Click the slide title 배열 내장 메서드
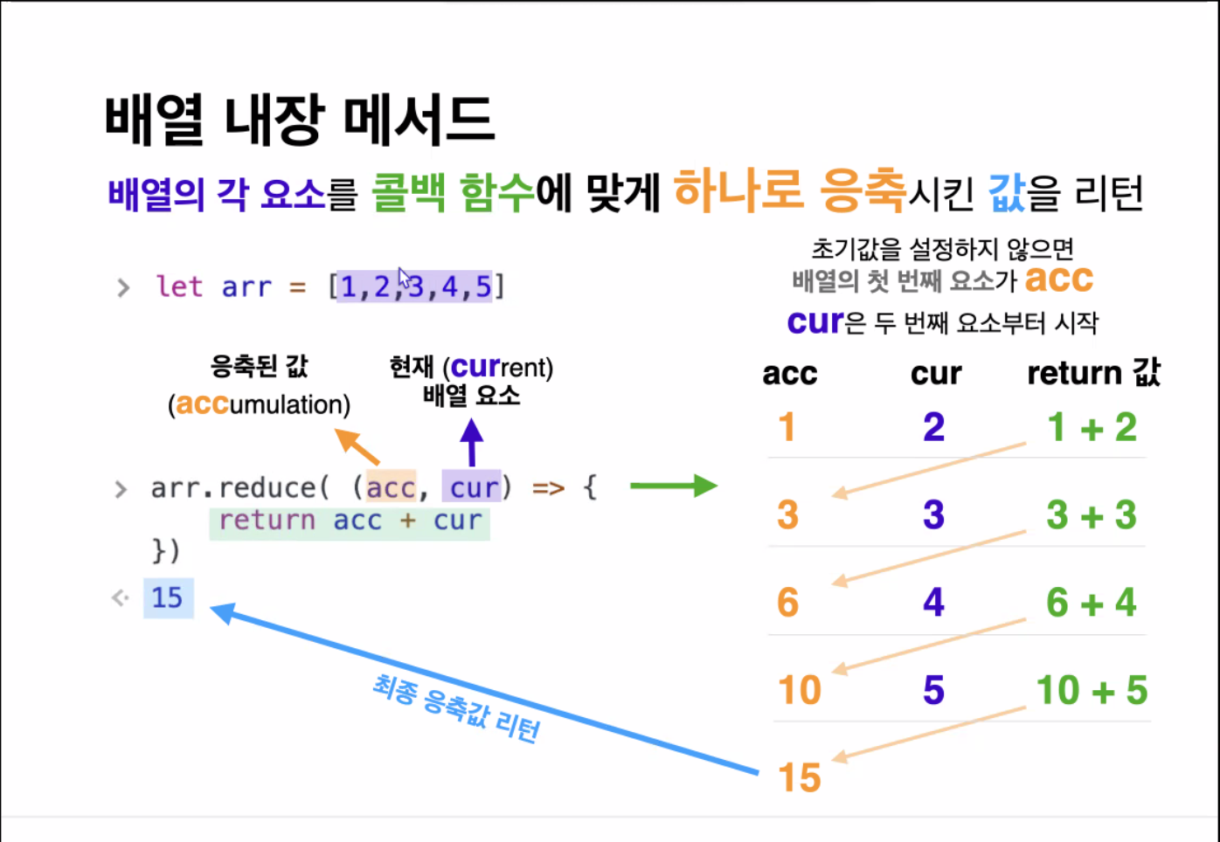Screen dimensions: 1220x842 point(300,120)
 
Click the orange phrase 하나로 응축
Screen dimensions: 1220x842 point(789,190)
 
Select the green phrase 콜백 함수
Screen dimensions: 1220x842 point(453,192)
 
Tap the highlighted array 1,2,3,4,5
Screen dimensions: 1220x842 point(416,286)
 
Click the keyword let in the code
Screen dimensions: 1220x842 point(179,286)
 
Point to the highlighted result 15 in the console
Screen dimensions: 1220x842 point(168,597)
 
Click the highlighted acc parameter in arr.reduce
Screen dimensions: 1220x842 point(391,487)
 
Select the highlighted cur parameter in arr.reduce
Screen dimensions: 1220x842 point(473,487)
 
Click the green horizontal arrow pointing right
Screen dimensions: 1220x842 point(673,486)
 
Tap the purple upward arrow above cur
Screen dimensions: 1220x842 point(472,442)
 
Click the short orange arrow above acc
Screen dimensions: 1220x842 point(357,446)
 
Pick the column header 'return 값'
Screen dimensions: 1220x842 point(1093,373)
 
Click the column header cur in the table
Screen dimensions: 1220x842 point(935,374)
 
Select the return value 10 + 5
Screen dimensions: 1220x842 point(1092,690)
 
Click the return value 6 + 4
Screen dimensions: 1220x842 point(1091,603)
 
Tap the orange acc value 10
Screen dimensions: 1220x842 point(800,690)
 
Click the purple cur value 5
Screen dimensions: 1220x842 point(933,690)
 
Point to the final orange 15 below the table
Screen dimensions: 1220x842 point(800,777)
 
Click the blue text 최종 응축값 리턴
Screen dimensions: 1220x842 point(456,708)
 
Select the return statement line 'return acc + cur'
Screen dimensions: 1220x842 point(350,521)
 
